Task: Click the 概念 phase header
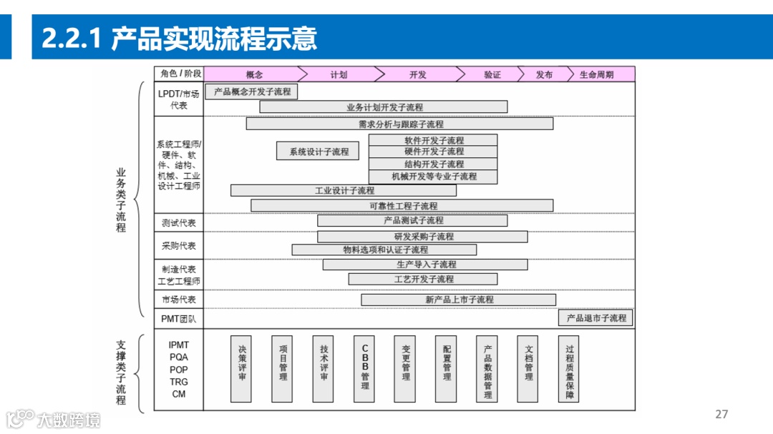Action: coord(254,74)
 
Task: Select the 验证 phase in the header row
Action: coord(492,74)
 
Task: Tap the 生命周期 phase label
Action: coord(596,74)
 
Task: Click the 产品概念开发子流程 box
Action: coord(252,92)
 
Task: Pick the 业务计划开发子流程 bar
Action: coord(384,107)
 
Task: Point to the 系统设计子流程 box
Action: coord(319,152)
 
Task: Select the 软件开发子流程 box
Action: coord(433,140)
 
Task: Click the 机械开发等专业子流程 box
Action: coord(433,176)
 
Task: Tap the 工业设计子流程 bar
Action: coord(344,191)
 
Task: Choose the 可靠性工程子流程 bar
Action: coord(402,206)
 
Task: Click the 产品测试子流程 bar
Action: coord(412,220)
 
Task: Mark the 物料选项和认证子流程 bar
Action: coord(384,250)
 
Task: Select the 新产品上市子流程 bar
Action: coord(459,300)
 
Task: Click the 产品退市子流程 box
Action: coord(595,317)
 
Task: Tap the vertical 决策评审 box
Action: coord(241,368)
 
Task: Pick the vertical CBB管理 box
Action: coord(365,368)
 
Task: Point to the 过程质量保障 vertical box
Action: coord(570,368)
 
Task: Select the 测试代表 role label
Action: coord(178,223)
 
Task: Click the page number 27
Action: coord(721,414)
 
